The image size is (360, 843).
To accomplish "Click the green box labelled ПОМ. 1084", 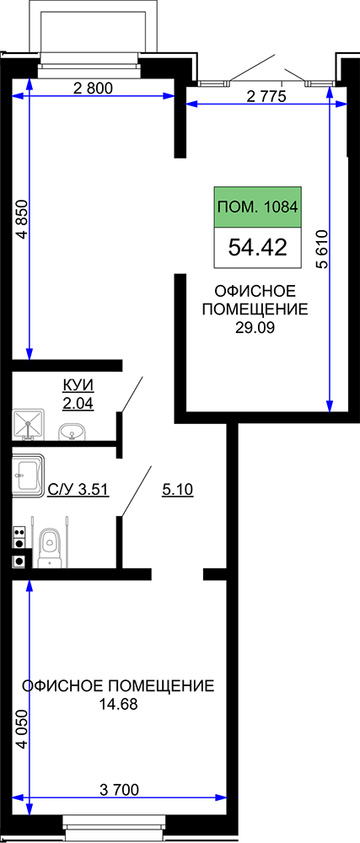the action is click(257, 207).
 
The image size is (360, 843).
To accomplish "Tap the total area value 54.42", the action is click(257, 248).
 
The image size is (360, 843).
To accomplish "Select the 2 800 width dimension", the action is click(93, 89).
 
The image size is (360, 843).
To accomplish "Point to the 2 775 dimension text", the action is click(266, 97).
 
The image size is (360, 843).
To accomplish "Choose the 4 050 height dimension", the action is click(22, 731).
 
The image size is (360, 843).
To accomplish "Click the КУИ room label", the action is click(78, 385).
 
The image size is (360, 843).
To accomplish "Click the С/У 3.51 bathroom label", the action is click(78, 489).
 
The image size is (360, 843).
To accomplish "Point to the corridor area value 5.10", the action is click(177, 489).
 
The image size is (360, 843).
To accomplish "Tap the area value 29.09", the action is click(255, 328).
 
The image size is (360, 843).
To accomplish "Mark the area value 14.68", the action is click(118, 704).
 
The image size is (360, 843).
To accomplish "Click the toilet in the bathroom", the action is click(51, 548).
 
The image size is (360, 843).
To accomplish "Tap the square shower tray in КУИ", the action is click(27, 425).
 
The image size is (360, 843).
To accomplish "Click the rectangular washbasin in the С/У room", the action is click(28, 474).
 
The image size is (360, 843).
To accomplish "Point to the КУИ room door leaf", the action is click(132, 395).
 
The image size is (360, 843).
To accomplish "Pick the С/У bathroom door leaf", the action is click(134, 492).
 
